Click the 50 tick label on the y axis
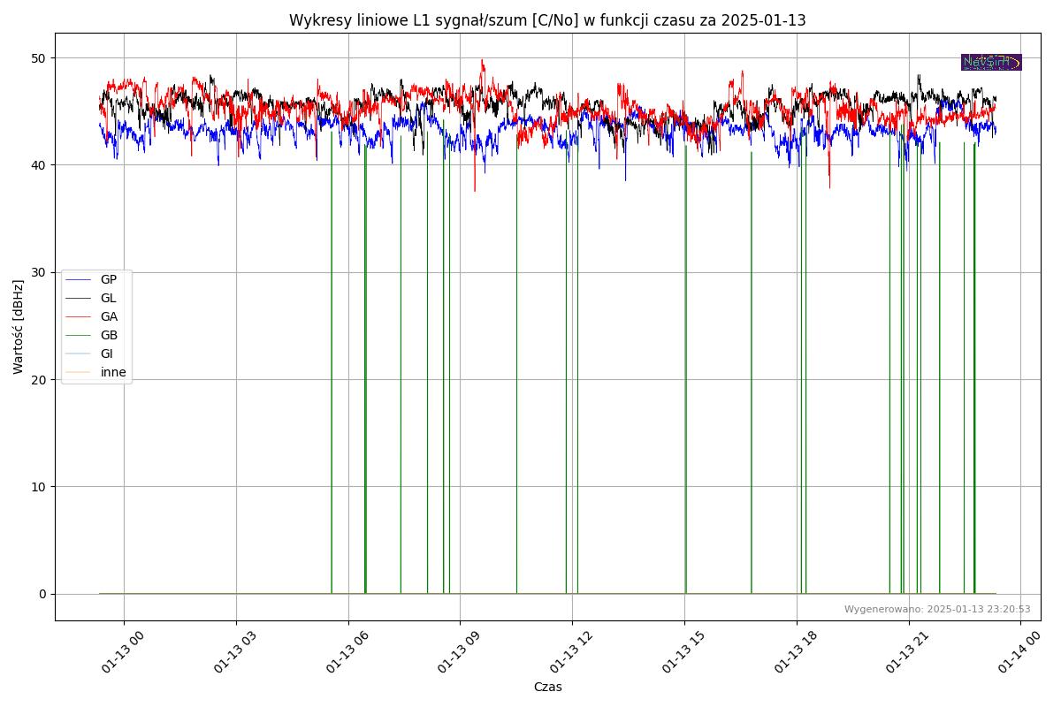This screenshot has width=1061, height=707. coord(39,58)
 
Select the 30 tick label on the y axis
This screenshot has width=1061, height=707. coord(39,272)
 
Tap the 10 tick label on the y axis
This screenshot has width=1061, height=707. coord(39,487)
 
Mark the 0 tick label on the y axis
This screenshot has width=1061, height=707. coord(42,594)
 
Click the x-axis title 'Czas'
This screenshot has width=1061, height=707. coord(547,687)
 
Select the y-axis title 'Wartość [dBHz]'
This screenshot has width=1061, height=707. coord(19,327)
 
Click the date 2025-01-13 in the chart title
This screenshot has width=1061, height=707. coord(763,20)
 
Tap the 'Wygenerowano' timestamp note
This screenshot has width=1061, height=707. coord(937,609)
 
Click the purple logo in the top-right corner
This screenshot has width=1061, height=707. coord(991,62)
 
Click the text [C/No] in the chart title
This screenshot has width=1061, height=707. coord(555,20)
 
